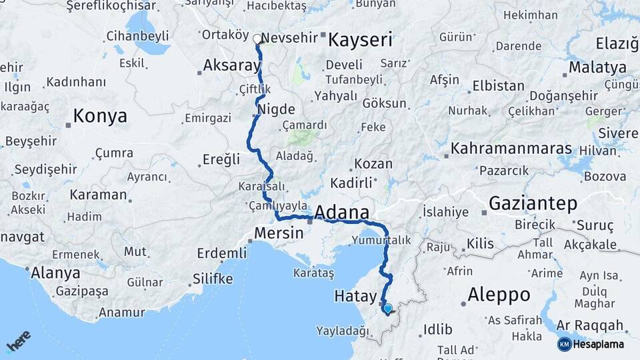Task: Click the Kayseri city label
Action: tap(361, 40)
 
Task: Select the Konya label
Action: tap(100, 116)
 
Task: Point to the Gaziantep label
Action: tap(533, 203)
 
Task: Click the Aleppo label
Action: tap(499, 294)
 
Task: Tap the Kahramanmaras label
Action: tap(511, 148)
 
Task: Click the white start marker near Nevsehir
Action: tap(257, 39)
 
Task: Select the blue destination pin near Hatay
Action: tap(387, 308)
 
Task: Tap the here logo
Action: tap(18, 341)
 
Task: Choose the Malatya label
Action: tap(598, 67)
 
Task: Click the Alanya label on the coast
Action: tap(56, 273)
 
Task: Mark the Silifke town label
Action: tap(213, 279)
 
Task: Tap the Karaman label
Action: tap(99, 195)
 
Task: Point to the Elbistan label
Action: tap(498, 86)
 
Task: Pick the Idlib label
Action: tap(437, 329)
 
